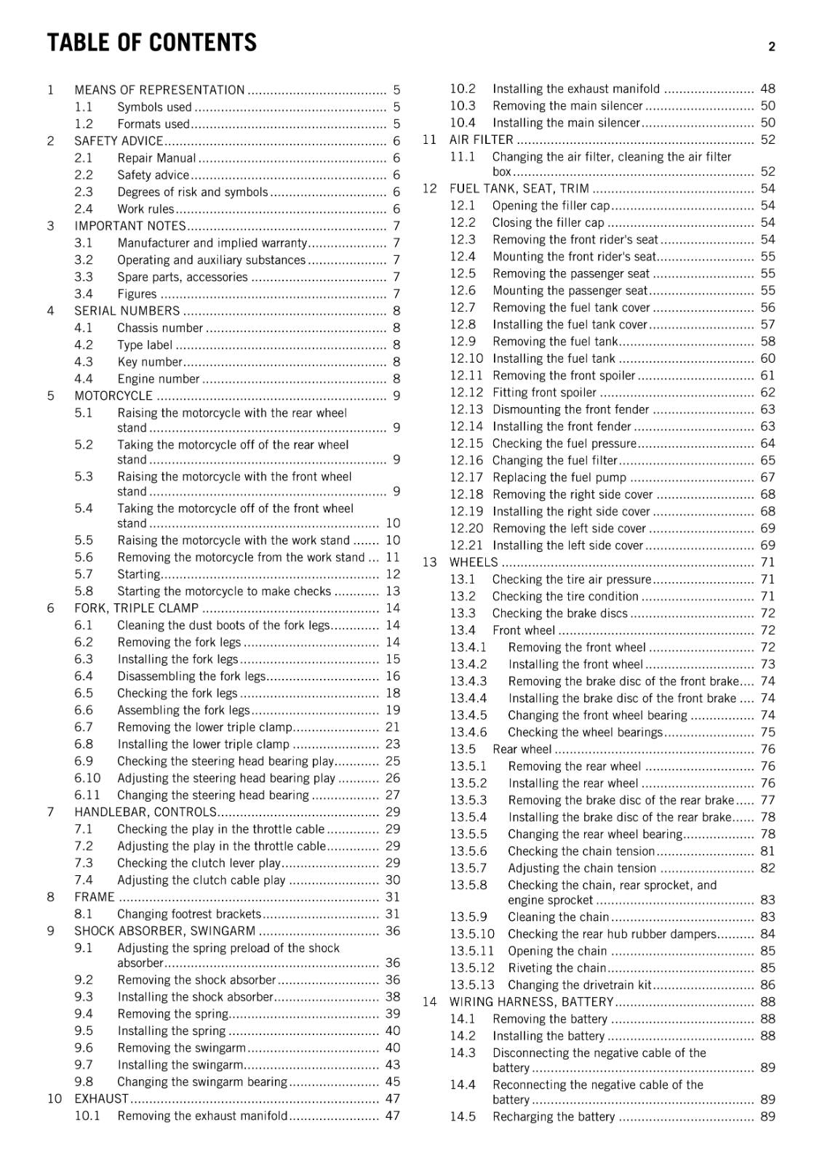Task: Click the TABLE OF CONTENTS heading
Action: click(151, 43)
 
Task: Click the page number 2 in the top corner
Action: click(772, 47)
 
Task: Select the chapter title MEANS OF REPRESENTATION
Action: click(159, 90)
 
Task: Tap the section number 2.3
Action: click(84, 192)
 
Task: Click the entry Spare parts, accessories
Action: click(183, 277)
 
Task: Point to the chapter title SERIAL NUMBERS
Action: click(127, 311)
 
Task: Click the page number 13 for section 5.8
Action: click(393, 592)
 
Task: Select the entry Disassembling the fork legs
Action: click(191, 677)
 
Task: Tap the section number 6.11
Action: click(87, 795)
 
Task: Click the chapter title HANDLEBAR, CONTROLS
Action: click(145, 812)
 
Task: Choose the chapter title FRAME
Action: click(95, 897)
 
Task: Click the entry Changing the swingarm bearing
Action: click(202, 1082)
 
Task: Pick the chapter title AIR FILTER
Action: click(481, 140)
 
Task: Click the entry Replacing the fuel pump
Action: click(559, 478)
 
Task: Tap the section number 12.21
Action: click(466, 545)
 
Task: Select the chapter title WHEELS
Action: click(474, 563)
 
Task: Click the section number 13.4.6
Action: click(468, 733)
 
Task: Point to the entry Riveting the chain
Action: click(556, 968)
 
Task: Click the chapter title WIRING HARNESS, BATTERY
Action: click(531, 1002)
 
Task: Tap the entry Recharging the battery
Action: click(554, 1117)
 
